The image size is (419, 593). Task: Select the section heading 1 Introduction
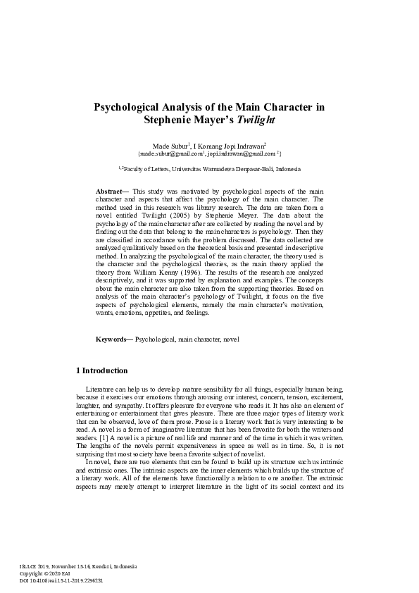101,370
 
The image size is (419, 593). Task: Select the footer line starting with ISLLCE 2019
68,566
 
